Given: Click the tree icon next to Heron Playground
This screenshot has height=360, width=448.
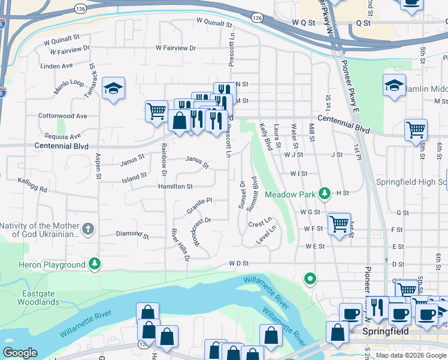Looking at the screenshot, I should tap(95, 264).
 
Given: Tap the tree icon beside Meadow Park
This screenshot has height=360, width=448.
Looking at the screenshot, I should tap(324, 193).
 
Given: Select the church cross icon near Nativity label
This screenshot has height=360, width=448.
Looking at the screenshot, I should tap(88, 229).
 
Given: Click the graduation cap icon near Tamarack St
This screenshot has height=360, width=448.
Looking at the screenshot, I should tap(113, 89).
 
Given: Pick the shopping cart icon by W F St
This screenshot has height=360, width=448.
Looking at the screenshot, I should tap(339, 224).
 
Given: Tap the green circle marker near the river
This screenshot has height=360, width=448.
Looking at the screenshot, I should tap(310, 278).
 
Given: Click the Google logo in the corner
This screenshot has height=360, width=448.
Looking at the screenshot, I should tap(20, 353).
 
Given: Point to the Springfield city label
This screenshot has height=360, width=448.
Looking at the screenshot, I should tap(386, 331).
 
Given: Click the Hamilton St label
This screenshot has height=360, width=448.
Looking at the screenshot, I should tap(175, 187).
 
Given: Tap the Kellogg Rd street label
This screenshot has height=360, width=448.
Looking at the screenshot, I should tap(33, 184).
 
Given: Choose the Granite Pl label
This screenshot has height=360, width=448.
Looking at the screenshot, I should tap(199, 205).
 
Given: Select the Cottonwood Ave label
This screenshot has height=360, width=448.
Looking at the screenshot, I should tap(62, 116).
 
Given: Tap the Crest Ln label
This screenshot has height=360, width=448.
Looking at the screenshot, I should tap(260, 223).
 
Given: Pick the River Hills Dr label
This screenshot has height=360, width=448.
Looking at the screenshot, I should tap(180, 244).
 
